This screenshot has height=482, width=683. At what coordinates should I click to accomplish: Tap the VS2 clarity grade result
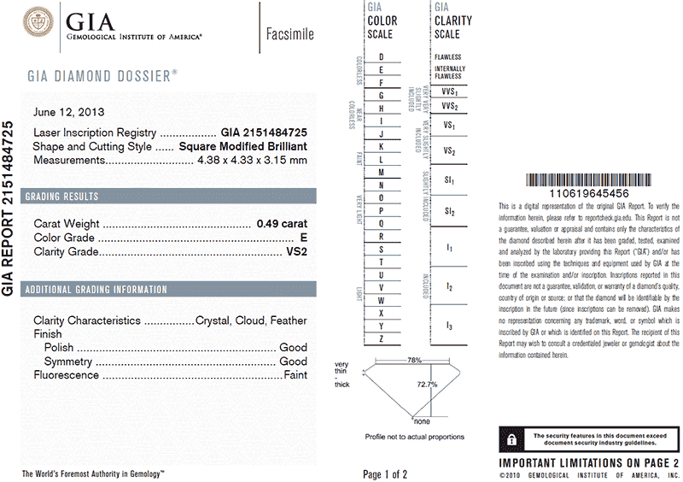[x=295, y=252]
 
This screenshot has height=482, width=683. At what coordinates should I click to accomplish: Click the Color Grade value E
[x=303, y=238]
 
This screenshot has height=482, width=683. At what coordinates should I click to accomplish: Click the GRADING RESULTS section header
[x=61, y=197]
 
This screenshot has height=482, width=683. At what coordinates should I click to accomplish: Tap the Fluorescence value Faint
[x=295, y=375]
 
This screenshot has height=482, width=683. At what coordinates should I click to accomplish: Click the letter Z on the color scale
[x=381, y=339]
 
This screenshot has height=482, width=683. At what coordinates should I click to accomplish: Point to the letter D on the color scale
[x=381, y=56]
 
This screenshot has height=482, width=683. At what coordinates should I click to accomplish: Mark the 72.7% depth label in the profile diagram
[x=427, y=385]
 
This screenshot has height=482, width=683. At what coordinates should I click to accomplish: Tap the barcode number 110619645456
[x=590, y=195]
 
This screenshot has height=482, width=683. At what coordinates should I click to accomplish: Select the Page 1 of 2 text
[x=385, y=473]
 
